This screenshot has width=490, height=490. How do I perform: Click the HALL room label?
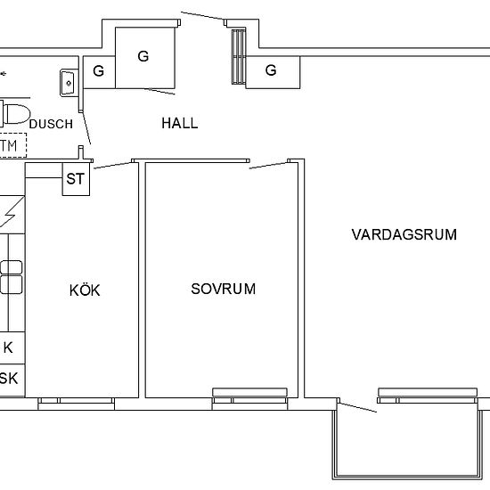tap(180, 123)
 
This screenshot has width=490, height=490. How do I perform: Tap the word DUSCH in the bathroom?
tap(51, 125)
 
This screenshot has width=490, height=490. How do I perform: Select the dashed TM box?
tap(11, 144)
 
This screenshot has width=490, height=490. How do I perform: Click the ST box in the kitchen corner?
tap(76, 179)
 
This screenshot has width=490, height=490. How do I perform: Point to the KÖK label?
tap(85, 290)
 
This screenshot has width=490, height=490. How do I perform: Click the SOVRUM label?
tap(224, 289)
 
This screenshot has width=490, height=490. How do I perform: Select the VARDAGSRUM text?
tap(404, 235)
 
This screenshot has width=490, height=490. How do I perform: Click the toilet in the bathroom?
tap(13, 113)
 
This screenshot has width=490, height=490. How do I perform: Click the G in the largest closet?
tap(143, 56)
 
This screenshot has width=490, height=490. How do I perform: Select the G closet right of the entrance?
tap(270, 70)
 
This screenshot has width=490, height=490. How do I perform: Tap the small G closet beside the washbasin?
tap(98, 71)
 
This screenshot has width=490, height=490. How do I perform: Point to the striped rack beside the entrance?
tap(238, 55)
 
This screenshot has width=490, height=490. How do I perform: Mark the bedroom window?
tap(249, 393)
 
